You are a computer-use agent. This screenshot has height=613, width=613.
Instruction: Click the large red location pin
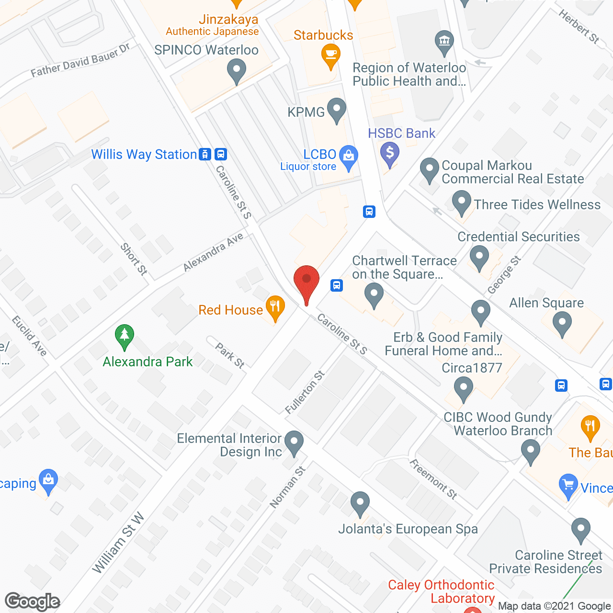(x=306, y=283)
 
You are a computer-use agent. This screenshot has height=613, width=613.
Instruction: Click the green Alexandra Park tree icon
(x=125, y=336)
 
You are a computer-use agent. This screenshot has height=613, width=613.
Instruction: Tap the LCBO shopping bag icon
(x=349, y=157)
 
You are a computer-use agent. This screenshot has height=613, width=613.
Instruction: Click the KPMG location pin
(x=337, y=110)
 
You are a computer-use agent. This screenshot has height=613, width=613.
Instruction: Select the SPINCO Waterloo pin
(x=236, y=71)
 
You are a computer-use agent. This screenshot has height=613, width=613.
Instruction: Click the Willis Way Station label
(x=144, y=154)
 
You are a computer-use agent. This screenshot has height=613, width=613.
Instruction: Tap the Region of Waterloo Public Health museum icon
(x=444, y=42)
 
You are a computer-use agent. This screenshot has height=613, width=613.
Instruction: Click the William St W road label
(x=118, y=543)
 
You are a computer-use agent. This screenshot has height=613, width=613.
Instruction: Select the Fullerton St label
(x=305, y=392)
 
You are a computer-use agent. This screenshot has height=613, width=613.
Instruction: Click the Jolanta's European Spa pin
(x=360, y=504)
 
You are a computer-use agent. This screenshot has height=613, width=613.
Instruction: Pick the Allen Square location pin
(x=562, y=324)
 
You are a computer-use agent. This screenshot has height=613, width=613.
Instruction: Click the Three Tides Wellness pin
(x=461, y=203)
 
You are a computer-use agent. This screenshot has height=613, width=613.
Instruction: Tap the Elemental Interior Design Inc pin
(x=294, y=443)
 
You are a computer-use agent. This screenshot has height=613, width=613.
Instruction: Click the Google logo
(x=33, y=601)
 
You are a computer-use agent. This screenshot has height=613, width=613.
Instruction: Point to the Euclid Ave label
(x=30, y=336)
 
